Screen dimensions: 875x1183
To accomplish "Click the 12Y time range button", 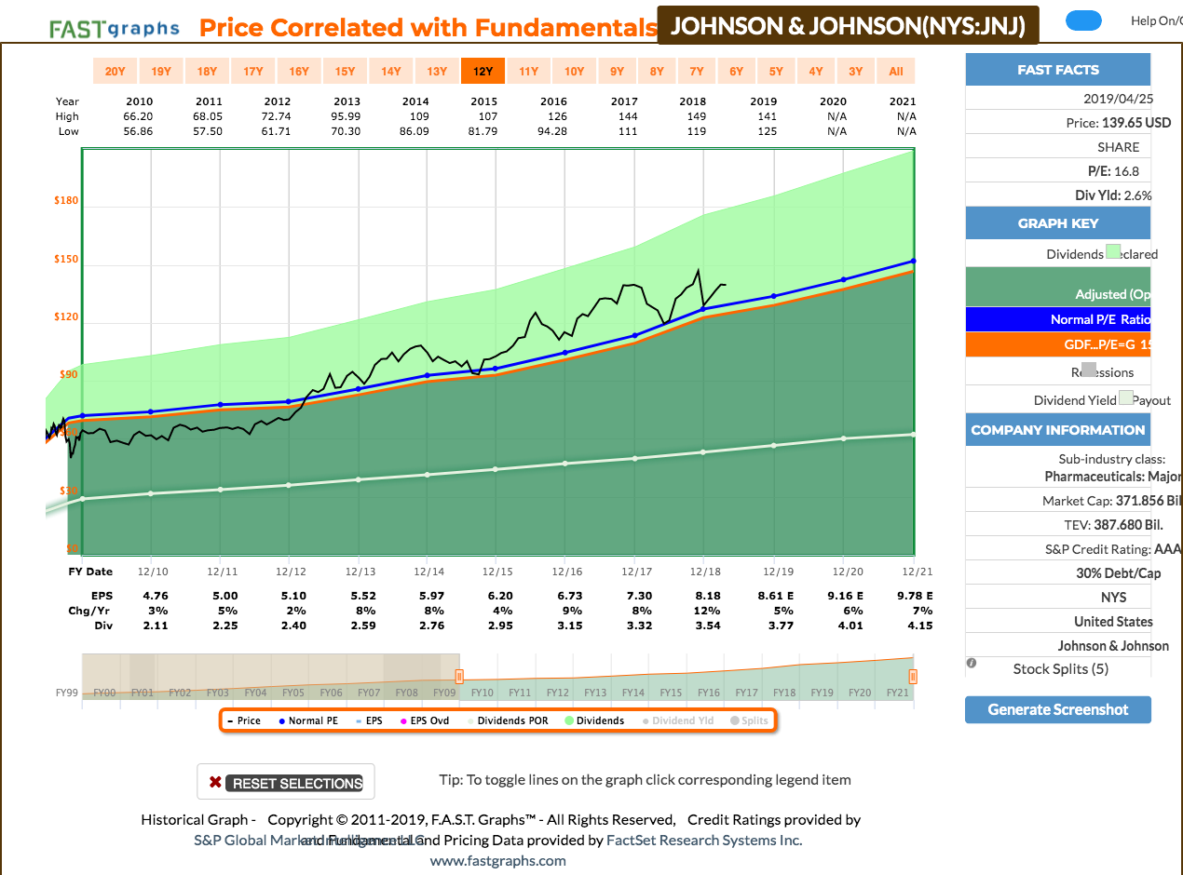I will [483, 71].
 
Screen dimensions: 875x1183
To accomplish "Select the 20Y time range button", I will [115, 71].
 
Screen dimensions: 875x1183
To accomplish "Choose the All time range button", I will [896, 71].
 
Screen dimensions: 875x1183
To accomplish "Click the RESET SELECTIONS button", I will [286, 783].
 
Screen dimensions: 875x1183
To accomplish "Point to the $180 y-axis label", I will [66, 201].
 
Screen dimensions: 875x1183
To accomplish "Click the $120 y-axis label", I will [66, 317].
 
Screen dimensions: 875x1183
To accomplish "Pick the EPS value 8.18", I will [706, 596].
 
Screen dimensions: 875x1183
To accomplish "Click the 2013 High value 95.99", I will [347, 116].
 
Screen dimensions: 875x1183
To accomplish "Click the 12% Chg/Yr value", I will [706, 611].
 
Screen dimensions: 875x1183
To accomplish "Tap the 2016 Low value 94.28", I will [553, 131].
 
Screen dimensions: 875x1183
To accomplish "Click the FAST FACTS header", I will [1058, 70].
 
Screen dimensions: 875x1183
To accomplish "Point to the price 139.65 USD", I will [1119, 123].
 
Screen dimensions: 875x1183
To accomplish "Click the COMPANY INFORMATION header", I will [1058, 430].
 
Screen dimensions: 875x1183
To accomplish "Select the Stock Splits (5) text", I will [1060, 668].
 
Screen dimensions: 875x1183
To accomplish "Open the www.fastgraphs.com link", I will [497, 860].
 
